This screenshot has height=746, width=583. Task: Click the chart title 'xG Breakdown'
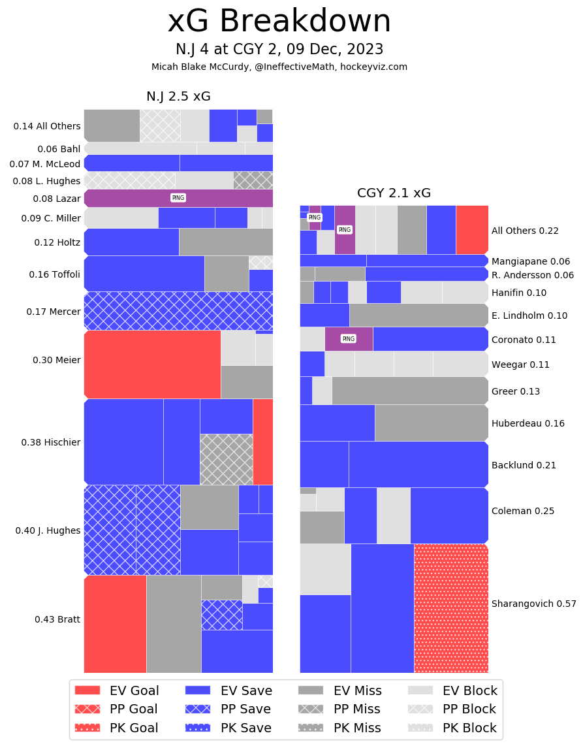tap(279, 22)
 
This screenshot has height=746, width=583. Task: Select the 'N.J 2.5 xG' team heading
tap(178, 97)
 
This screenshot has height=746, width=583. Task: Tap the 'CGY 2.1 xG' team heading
tap(394, 193)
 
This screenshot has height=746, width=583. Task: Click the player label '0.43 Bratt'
tap(57, 619)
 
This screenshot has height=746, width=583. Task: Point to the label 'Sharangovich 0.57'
tap(533, 604)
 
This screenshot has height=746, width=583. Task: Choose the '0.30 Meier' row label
tap(56, 360)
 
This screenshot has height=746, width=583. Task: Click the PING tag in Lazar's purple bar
tap(178, 198)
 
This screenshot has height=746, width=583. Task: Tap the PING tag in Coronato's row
tap(349, 338)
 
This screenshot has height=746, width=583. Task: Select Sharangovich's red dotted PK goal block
tap(451, 608)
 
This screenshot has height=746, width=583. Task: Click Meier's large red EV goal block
tap(152, 364)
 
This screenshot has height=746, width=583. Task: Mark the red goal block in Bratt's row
tap(115, 624)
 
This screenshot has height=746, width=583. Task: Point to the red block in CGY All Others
tap(472, 230)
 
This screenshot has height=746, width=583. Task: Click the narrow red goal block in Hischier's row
tap(262, 442)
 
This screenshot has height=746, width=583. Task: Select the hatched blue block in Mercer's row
tap(178, 311)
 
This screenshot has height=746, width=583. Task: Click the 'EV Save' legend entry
tap(228, 690)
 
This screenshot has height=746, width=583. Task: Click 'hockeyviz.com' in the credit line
tap(373, 67)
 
